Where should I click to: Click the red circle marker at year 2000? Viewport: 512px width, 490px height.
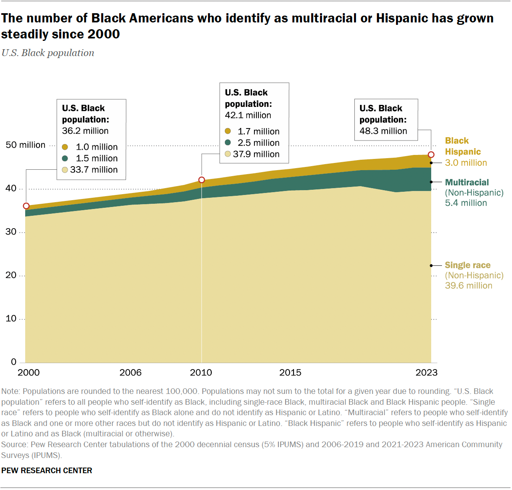(x=26, y=206)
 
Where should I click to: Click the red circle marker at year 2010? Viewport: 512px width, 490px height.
(x=202, y=180)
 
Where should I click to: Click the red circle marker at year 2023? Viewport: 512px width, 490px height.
(x=431, y=155)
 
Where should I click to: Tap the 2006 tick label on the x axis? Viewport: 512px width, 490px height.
(x=130, y=373)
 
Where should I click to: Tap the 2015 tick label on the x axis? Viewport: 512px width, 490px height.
(x=290, y=373)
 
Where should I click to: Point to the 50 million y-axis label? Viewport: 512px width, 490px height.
(x=26, y=145)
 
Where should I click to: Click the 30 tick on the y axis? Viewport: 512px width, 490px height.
(x=11, y=232)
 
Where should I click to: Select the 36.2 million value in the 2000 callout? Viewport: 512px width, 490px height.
(x=85, y=131)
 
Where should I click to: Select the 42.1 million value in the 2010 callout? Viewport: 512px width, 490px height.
(x=248, y=115)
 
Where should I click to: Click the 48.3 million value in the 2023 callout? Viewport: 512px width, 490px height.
(x=383, y=131)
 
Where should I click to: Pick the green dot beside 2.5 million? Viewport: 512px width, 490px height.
(x=228, y=143)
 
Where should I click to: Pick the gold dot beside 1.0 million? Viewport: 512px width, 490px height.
(x=65, y=147)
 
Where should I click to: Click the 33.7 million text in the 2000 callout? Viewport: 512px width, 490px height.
(x=94, y=170)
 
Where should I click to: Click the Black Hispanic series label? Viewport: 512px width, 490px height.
(x=462, y=146)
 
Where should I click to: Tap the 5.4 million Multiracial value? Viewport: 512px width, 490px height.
(x=466, y=203)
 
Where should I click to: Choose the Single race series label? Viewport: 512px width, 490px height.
(x=467, y=265)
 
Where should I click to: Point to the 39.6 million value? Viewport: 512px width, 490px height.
(x=468, y=286)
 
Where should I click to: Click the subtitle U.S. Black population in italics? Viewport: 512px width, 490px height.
(x=48, y=53)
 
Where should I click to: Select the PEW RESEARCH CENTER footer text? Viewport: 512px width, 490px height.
(x=47, y=470)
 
